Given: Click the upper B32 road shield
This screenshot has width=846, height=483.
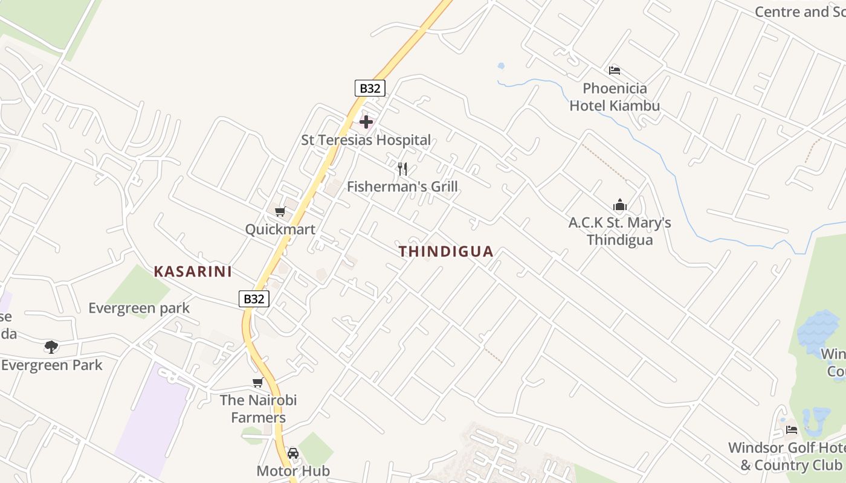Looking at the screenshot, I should (370, 88).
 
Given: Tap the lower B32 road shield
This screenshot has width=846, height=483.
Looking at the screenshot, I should (254, 299).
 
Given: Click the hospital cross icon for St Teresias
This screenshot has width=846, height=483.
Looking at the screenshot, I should (366, 122).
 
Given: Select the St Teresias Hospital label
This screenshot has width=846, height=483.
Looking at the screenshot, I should (366, 140).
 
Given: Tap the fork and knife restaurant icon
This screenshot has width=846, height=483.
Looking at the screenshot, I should (402, 168).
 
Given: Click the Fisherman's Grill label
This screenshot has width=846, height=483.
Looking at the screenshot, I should (402, 187).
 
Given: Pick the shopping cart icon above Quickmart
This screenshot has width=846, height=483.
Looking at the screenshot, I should (280, 211).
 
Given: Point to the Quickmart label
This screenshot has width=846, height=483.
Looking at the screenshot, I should (280, 229).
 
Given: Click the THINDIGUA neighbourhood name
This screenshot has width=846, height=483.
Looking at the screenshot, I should (446, 251).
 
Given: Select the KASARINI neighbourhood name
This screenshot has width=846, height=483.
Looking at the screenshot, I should (193, 271).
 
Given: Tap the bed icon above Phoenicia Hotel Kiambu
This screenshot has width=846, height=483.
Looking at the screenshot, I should (615, 70).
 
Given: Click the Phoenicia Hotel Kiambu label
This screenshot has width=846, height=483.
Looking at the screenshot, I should (615, 97).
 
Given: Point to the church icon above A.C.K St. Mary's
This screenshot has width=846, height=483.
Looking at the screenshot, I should (620, 205).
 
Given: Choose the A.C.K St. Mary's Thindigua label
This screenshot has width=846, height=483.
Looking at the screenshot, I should (620, 231).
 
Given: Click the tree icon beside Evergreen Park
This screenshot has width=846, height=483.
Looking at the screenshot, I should (51, 347).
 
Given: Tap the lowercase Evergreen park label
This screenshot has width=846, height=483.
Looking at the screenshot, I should (139, 308).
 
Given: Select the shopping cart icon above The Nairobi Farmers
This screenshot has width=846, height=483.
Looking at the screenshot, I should (258, 382).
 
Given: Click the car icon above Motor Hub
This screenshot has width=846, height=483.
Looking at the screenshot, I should (293, 453).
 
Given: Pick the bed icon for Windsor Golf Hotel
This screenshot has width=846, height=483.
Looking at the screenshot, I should (792, 430).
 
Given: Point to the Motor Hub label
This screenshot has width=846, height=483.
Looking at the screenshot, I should (293, 471).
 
